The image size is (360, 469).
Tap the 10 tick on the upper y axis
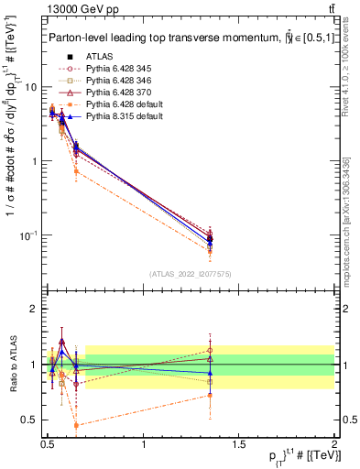[x=29, y=87]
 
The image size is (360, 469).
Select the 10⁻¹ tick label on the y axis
[x=28, y=235]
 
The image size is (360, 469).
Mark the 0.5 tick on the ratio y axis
[x=28, y=420]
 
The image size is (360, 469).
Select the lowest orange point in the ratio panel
[x=76, y=425]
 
